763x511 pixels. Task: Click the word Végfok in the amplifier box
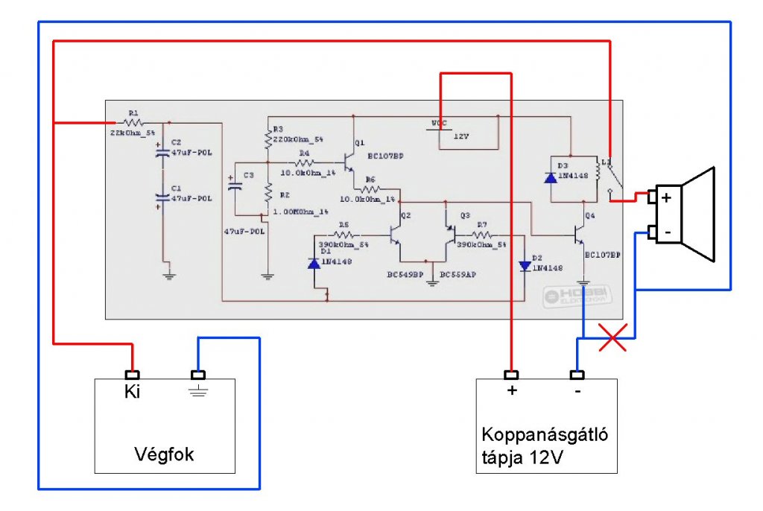click(164, 454)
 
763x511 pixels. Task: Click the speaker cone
click(700, 215)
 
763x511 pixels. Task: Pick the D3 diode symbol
click(551, 177)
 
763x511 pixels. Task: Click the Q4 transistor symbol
click(579, 235)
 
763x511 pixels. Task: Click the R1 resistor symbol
click(133, 121)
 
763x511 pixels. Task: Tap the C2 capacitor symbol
click(162, 153)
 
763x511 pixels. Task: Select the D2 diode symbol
click(525, 264)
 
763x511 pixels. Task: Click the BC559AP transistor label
click(458, 275)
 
